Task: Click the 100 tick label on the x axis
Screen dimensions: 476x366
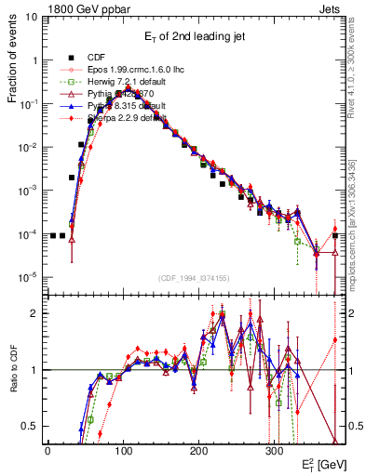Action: point(123,448)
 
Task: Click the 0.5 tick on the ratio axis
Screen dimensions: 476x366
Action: point(33,426)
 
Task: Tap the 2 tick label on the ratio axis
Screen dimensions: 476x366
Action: point(37,313)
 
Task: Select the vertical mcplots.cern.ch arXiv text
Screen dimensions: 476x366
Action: point(355,214)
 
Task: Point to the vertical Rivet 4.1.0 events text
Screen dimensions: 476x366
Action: point(355,74)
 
